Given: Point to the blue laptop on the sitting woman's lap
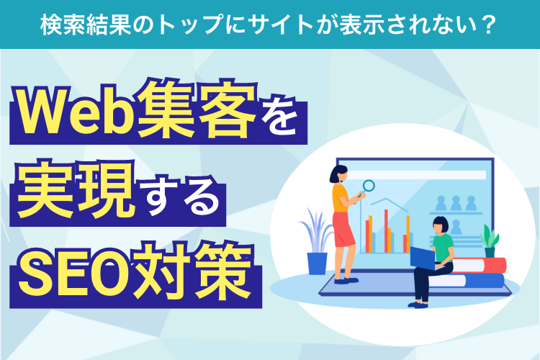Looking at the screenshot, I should click(x=422, y=256).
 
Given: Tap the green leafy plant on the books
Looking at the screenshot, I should click(x=490, y=238).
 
